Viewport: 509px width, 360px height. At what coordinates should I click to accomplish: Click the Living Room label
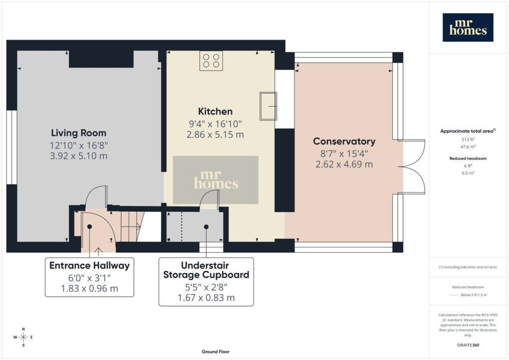79,133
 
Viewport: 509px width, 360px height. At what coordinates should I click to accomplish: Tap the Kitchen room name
215,111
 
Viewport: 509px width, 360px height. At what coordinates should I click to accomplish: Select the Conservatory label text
344,141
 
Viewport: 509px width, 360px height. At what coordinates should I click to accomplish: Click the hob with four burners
211,61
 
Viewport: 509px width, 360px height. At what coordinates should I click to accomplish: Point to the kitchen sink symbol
268,106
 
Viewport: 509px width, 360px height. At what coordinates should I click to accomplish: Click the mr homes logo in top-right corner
468,27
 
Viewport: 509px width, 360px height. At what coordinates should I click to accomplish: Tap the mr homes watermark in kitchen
216,180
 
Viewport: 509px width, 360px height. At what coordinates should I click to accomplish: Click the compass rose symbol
23,337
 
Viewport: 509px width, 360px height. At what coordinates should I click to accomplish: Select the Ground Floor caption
216,352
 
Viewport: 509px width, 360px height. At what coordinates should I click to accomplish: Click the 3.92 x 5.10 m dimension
79,156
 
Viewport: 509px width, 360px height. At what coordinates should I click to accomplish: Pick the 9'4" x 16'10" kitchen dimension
215,124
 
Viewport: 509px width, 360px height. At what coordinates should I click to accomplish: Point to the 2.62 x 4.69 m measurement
344,164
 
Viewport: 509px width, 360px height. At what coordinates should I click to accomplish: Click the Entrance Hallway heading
89,266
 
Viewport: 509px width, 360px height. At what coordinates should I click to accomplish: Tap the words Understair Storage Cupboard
206,270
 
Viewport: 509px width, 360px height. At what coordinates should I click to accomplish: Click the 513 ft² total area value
468,140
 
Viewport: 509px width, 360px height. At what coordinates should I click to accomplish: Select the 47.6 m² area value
468,147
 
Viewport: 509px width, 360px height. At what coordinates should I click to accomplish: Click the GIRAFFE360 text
468,345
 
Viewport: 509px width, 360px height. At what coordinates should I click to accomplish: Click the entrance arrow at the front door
98,250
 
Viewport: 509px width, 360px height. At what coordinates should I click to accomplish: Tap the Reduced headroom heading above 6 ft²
468,159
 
